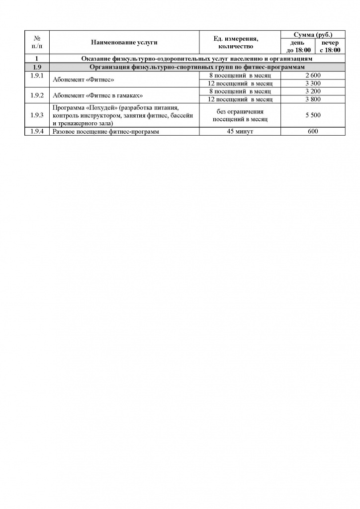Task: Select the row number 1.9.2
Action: tap(37, 94)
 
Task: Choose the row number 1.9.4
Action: tap(37, 132)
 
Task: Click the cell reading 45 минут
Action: tap(240, 132)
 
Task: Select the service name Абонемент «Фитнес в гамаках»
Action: tap(94, 95)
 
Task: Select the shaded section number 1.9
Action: tap(37, 67)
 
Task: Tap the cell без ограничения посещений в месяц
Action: tap(240, 115)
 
